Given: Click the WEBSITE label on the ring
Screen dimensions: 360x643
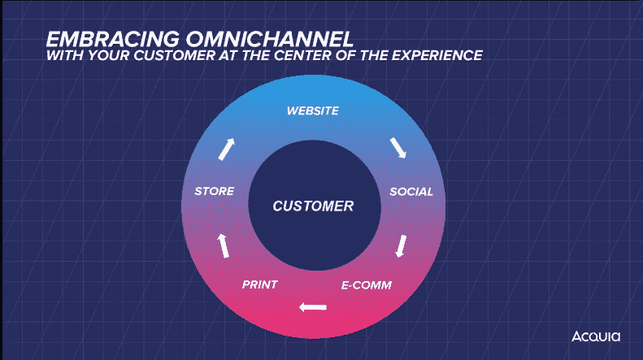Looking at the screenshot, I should [x=312, y=111].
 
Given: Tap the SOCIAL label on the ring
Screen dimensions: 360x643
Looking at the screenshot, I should [x=411, y=192].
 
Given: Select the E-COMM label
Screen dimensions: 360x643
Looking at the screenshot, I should [x=367, y=285].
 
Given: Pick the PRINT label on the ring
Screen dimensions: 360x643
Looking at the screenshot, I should [x=260, y=285].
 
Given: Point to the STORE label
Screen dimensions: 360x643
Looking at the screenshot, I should [x=215, y=192].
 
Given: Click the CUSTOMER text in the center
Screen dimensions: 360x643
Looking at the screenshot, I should [x=313, y=206].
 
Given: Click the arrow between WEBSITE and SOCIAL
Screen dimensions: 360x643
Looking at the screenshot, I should [x=398, y=148].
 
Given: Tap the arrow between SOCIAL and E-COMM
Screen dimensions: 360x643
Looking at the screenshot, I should [x=399, y=245].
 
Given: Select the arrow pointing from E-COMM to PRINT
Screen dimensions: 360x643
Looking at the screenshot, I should [x=313, y=307].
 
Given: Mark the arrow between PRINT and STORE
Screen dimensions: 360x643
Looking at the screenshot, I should [x=223, y=244].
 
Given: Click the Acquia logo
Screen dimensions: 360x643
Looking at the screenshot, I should [x=595, y=336].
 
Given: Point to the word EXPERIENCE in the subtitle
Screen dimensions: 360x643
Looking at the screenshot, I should [x=438, y=56].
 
